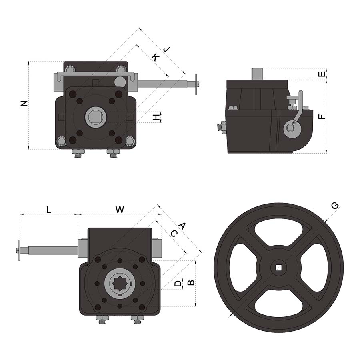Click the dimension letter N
(x=24, y=103)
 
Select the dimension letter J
(x=166, y=50)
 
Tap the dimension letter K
(x=154, y=58)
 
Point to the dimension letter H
(x=156, y=117)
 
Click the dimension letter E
(x=321, y=74)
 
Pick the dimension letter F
(x=321, y=117)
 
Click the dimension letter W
(x=120, y=209)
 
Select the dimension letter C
(x=173, y=234)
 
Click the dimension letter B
(x=191, y=282)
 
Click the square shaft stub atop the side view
(x=257, y=74)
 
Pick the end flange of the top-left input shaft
(x=196, y=84)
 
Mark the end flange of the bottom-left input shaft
(x=19, y=251)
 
